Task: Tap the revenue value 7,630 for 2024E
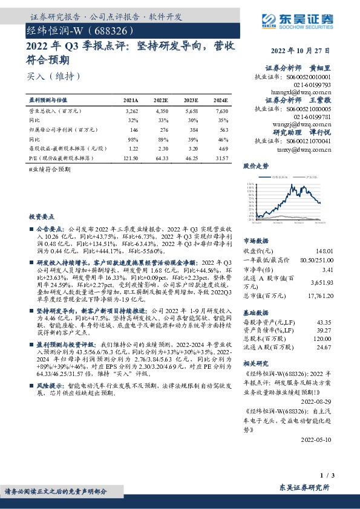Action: [221, 112]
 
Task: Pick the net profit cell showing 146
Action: [134, 129]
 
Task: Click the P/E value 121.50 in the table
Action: [131, 157]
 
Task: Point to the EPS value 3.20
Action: [191, 148]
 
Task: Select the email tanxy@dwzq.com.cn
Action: [307, 149]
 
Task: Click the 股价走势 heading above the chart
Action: [256, 165]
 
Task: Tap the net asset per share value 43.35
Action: [326, 323]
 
